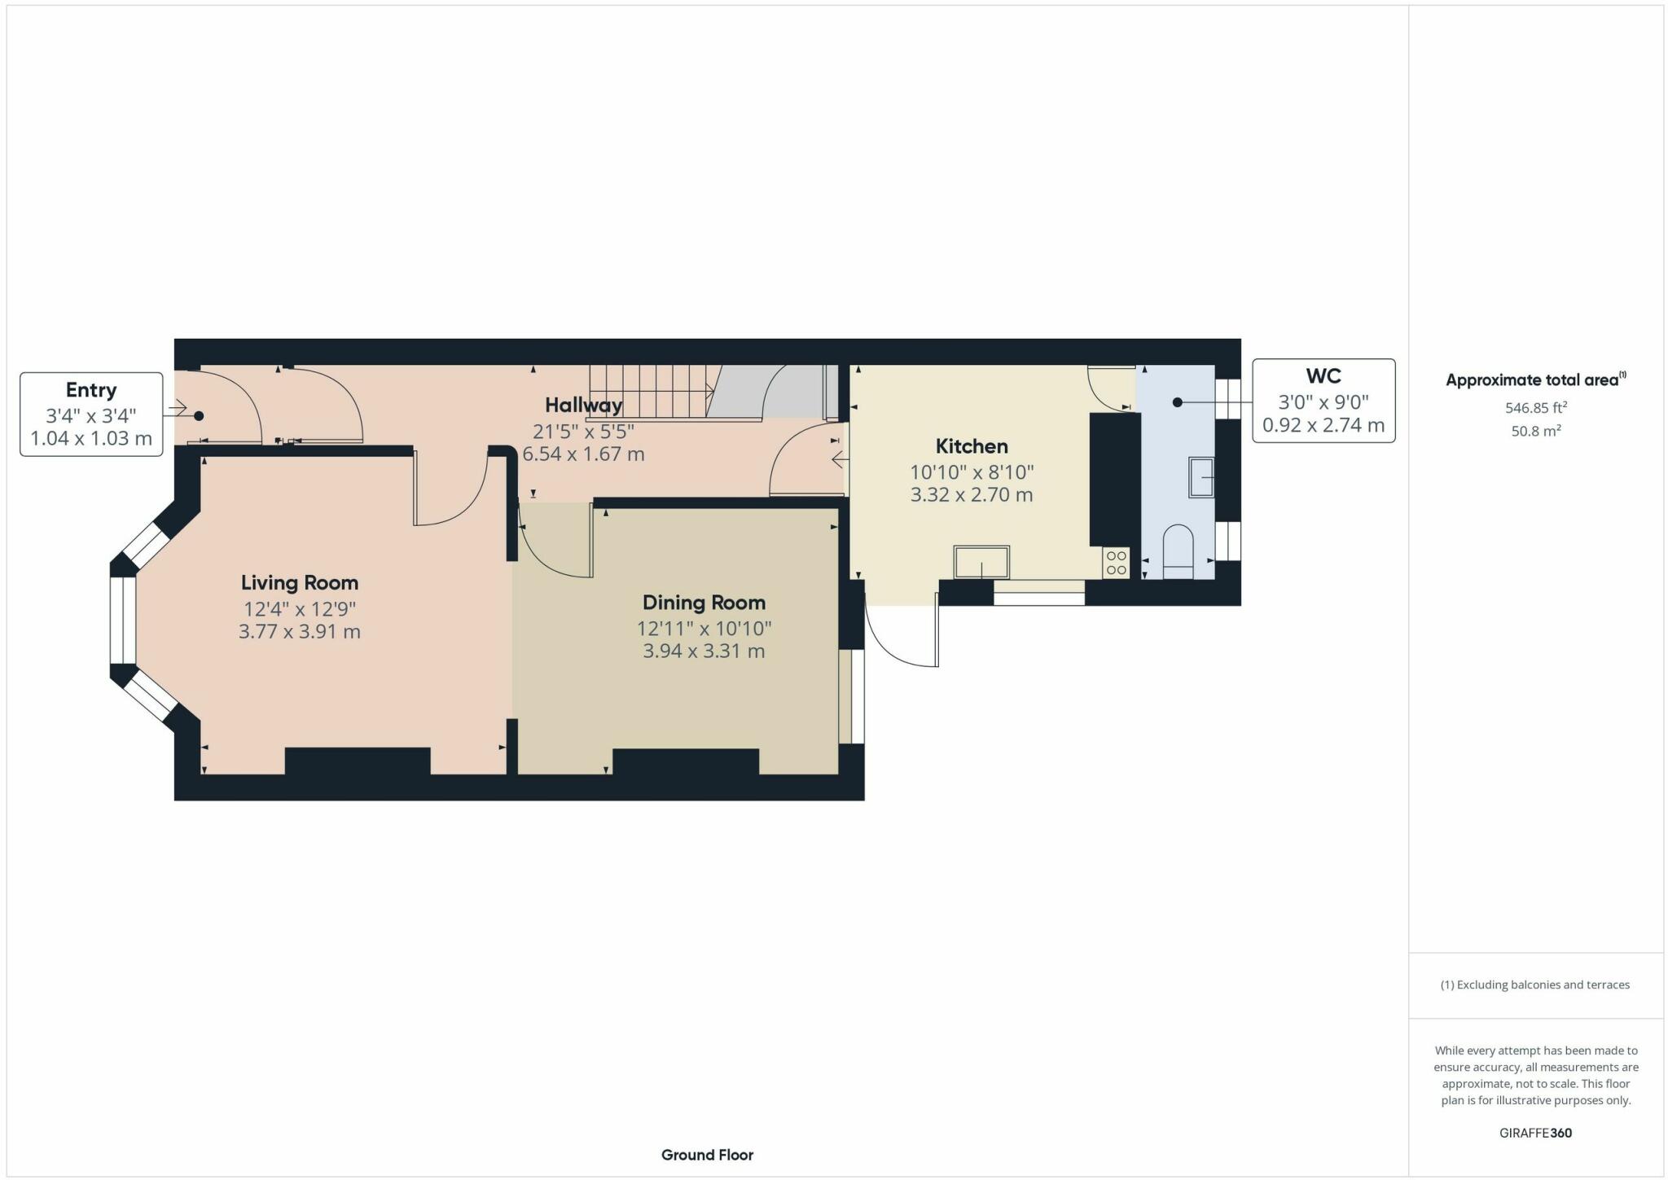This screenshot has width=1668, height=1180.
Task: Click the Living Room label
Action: (x=299, y=582)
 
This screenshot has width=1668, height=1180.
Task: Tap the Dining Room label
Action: (x=704, y=603)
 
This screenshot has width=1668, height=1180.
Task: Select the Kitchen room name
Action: (x=971, y=446)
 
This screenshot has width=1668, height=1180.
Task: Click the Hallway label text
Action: (x=583, y=405)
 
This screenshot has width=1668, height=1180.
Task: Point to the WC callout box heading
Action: (x=1323, y=376)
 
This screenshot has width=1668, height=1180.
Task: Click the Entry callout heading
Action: (x=91, y=390)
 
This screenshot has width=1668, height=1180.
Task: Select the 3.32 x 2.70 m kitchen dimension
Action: (x=971, y=494)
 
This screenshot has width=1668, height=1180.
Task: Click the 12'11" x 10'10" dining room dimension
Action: (x=704, y=628)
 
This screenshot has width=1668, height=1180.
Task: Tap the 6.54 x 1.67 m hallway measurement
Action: (x=583, y=454)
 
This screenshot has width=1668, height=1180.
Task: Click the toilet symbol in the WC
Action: (x=1178, y=551)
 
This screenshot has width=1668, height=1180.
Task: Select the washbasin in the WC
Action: (x=1201, y=477)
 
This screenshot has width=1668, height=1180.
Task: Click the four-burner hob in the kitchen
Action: (x=1117, y=563)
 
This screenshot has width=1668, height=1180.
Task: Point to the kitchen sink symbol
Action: (x=981, y=561)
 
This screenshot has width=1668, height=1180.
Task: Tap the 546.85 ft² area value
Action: (x=1535, y=407)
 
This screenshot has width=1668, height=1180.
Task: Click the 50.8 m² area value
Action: (x=1535, y=431)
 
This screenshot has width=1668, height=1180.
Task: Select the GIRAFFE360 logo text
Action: (x=1535, y=1133)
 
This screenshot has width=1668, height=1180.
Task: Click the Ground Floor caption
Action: (x=707, y=1155)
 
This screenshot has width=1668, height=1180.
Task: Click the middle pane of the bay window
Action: (x=124, y=621)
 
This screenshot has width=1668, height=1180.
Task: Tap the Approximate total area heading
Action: (x=1531, y=379)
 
